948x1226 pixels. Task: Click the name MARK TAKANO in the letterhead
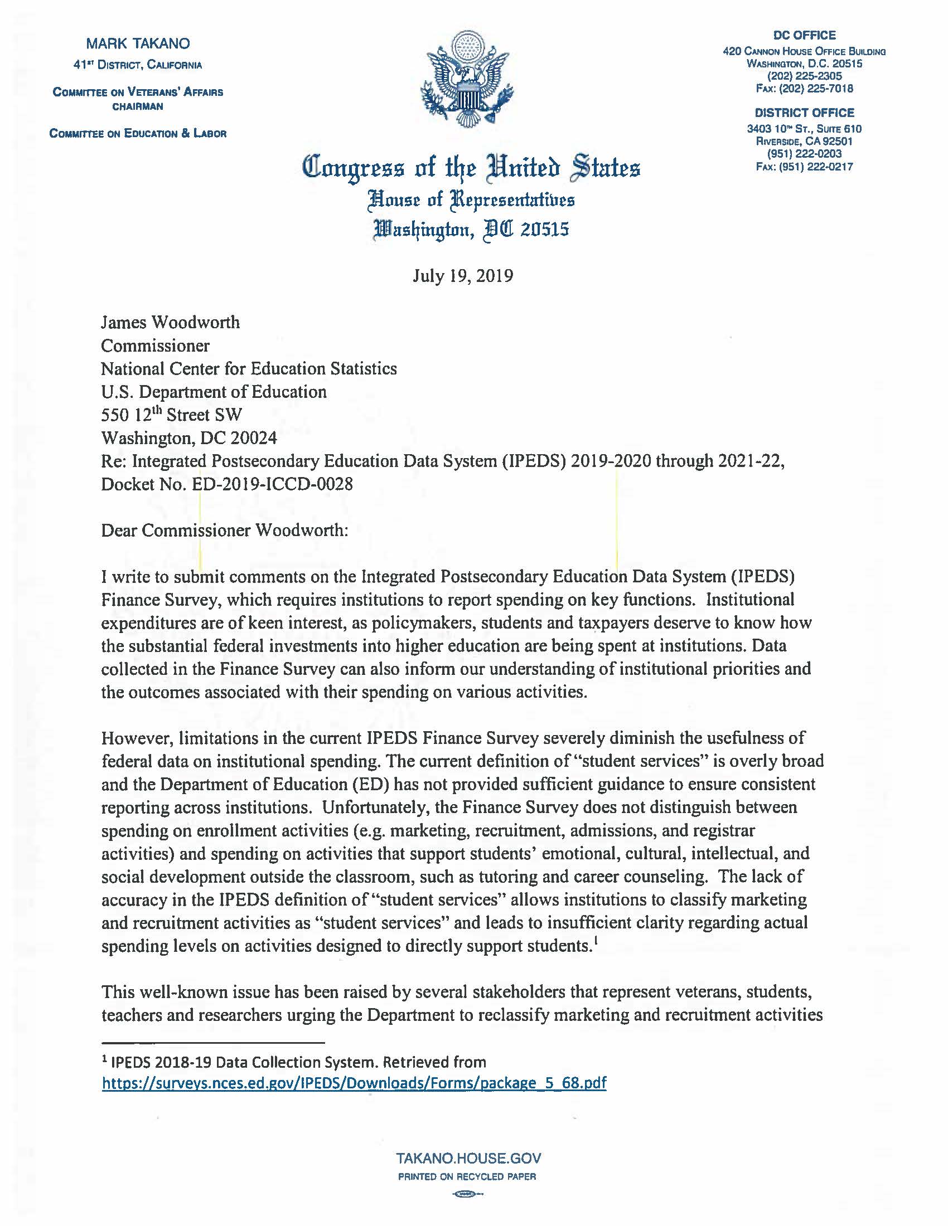pos(138,44)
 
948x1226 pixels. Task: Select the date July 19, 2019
pos(463,276)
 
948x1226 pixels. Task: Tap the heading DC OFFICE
pos(804,35)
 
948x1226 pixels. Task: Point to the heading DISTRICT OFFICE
pos(804,113)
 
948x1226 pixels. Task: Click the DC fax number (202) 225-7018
pos(804,89)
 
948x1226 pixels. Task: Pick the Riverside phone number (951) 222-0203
pos(804,154)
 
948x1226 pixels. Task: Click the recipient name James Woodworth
pos(170,322)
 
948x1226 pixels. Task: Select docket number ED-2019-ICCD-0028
pos(272,484)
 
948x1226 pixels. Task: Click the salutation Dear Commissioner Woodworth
pos(225,531)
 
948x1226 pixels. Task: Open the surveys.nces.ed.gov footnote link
pos(354,1083)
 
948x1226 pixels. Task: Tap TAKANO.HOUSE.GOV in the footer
pos(468,1158)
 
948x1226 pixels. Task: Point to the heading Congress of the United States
pos(471,168)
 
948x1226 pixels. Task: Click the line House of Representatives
pos(471,200)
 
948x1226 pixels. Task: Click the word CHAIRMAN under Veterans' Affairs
pos(138,106)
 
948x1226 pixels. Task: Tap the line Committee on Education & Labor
pos(138,134)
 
